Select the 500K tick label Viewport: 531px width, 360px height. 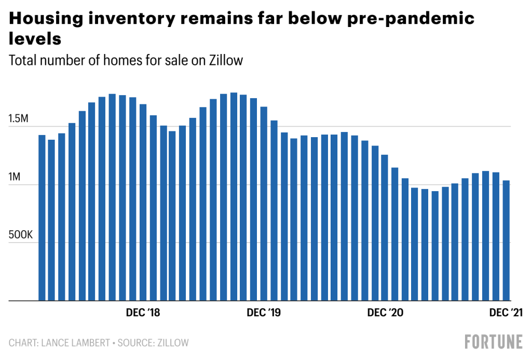(x=21, y=235)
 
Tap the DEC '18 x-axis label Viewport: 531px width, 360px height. (x=143, y=313)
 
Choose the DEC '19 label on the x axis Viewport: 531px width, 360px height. (x=264, y=313)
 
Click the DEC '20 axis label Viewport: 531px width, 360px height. (x=385, y=313)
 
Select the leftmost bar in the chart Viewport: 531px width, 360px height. (x=42, y=218)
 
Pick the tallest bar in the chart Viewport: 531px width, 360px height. (x=234, y=197)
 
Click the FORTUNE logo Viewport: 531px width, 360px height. (x=493, y=342)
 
